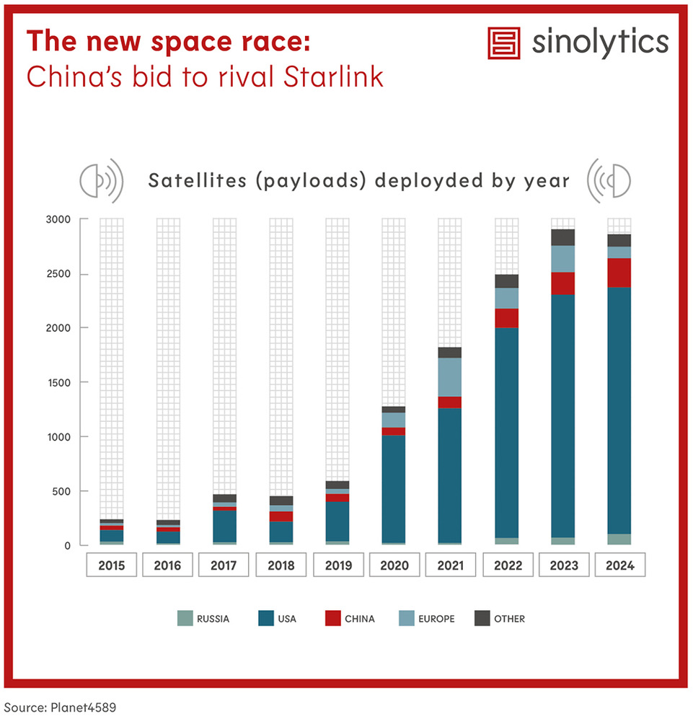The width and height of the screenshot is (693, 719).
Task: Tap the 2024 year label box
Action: tap(619, 565)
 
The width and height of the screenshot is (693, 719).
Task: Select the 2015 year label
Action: tap(111, 565)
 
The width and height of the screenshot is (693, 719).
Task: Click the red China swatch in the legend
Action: tap(332, 618)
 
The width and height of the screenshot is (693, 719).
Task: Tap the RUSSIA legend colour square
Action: tap(185, 618)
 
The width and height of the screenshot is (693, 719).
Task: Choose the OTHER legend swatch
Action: tap(482, 618)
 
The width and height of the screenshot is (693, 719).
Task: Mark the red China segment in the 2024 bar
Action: tap(619, 273)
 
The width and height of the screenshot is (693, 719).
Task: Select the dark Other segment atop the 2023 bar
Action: tap(562, 237)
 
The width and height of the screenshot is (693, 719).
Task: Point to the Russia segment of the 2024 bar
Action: tap(619, 539)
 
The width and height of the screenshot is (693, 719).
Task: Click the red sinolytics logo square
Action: tap(505, 43)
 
